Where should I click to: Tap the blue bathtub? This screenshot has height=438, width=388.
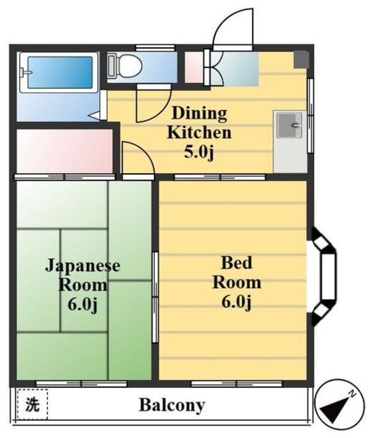click(x=60, y=73)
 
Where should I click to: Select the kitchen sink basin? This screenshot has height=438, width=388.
click(x=289, y=125)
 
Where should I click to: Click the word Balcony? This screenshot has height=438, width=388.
click(x=172, y=405)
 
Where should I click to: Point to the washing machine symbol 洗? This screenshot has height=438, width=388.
click(x=32, y=404)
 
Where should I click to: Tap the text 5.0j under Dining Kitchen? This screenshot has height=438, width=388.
click(x=199, y=153)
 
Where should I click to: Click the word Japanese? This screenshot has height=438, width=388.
click(x=83, y=266)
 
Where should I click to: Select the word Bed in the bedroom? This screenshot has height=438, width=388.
click(x=237, y=263)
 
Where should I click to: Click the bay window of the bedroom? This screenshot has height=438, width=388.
click(x=324, y=276)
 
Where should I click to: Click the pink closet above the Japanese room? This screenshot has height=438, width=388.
click(x=64, y=151)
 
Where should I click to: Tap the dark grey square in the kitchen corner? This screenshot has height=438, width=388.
click(x=301, y=60)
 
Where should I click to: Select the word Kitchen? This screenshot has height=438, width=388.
click(x=199, y=132)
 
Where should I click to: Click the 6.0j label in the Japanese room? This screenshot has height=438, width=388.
click(x=82, y=304)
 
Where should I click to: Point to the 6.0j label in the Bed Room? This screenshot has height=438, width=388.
click(x=236, y=302)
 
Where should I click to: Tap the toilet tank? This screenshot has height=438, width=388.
click(x=111, y=66)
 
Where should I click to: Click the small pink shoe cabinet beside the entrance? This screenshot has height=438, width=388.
click(x=194, y=67)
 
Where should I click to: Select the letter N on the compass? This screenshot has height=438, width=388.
click(x=353, y=394)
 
